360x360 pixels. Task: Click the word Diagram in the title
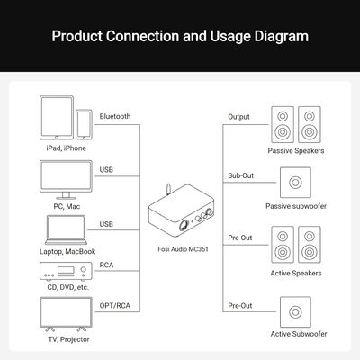[282, 37]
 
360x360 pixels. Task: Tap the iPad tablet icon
[57, 118]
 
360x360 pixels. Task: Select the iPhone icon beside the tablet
[84, 124]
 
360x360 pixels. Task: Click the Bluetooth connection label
[115, 116]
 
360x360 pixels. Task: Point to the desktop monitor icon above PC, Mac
[66, 179]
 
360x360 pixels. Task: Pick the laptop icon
[66, 230]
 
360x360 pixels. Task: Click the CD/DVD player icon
[66, 272]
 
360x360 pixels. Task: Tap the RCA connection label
[106, 265]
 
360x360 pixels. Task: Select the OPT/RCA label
[115, 306]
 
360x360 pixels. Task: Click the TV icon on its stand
[66, 314]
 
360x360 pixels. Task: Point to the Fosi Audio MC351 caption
[183, 249]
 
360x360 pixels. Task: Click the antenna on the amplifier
[168, 191]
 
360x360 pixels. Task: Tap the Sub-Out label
[240, 175]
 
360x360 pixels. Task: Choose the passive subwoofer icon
[295, 183]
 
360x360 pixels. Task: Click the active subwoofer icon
[295, 312]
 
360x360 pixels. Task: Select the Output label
[238, 117]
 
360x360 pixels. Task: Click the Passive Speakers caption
[296, 151]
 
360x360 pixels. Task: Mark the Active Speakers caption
[296, 274]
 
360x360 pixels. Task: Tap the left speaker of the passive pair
[283, 124]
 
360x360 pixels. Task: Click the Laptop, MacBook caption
[67, 251]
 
